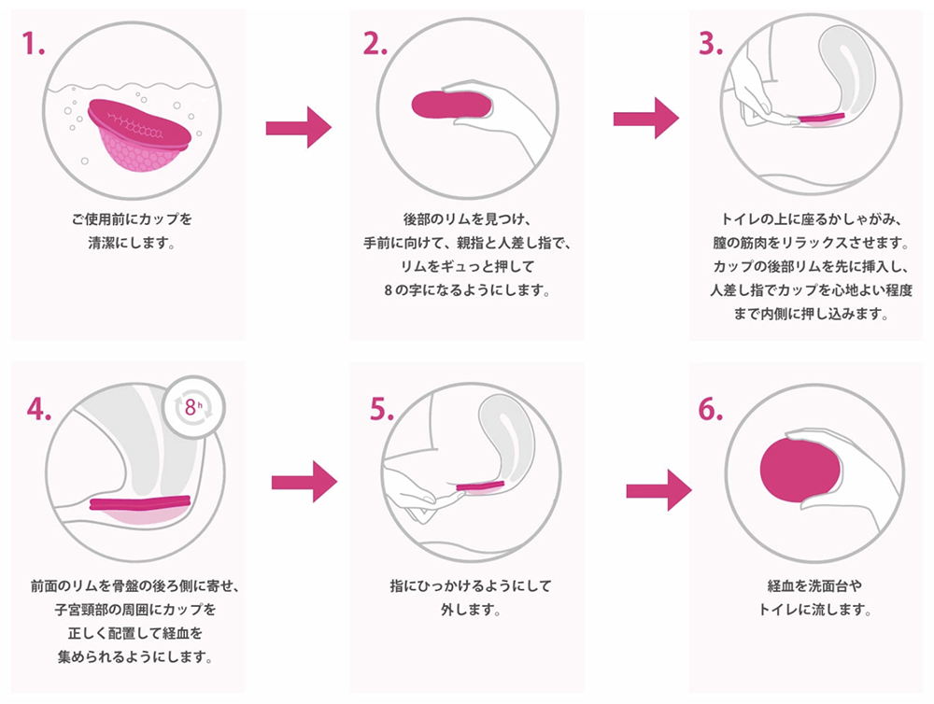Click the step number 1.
[33, 44]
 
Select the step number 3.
[711, 44]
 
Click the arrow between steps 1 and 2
[298, 127]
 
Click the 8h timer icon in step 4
[194, 407]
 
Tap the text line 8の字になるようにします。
[468, 289]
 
